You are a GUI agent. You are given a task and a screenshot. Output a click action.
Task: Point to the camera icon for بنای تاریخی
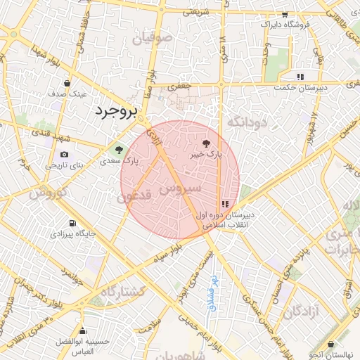point(65,155)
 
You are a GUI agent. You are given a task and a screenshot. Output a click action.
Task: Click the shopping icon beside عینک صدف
point(67,83)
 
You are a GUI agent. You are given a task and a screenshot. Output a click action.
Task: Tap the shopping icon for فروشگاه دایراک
point(284,15)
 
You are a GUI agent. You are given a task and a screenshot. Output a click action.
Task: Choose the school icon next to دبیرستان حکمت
point(300,77)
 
